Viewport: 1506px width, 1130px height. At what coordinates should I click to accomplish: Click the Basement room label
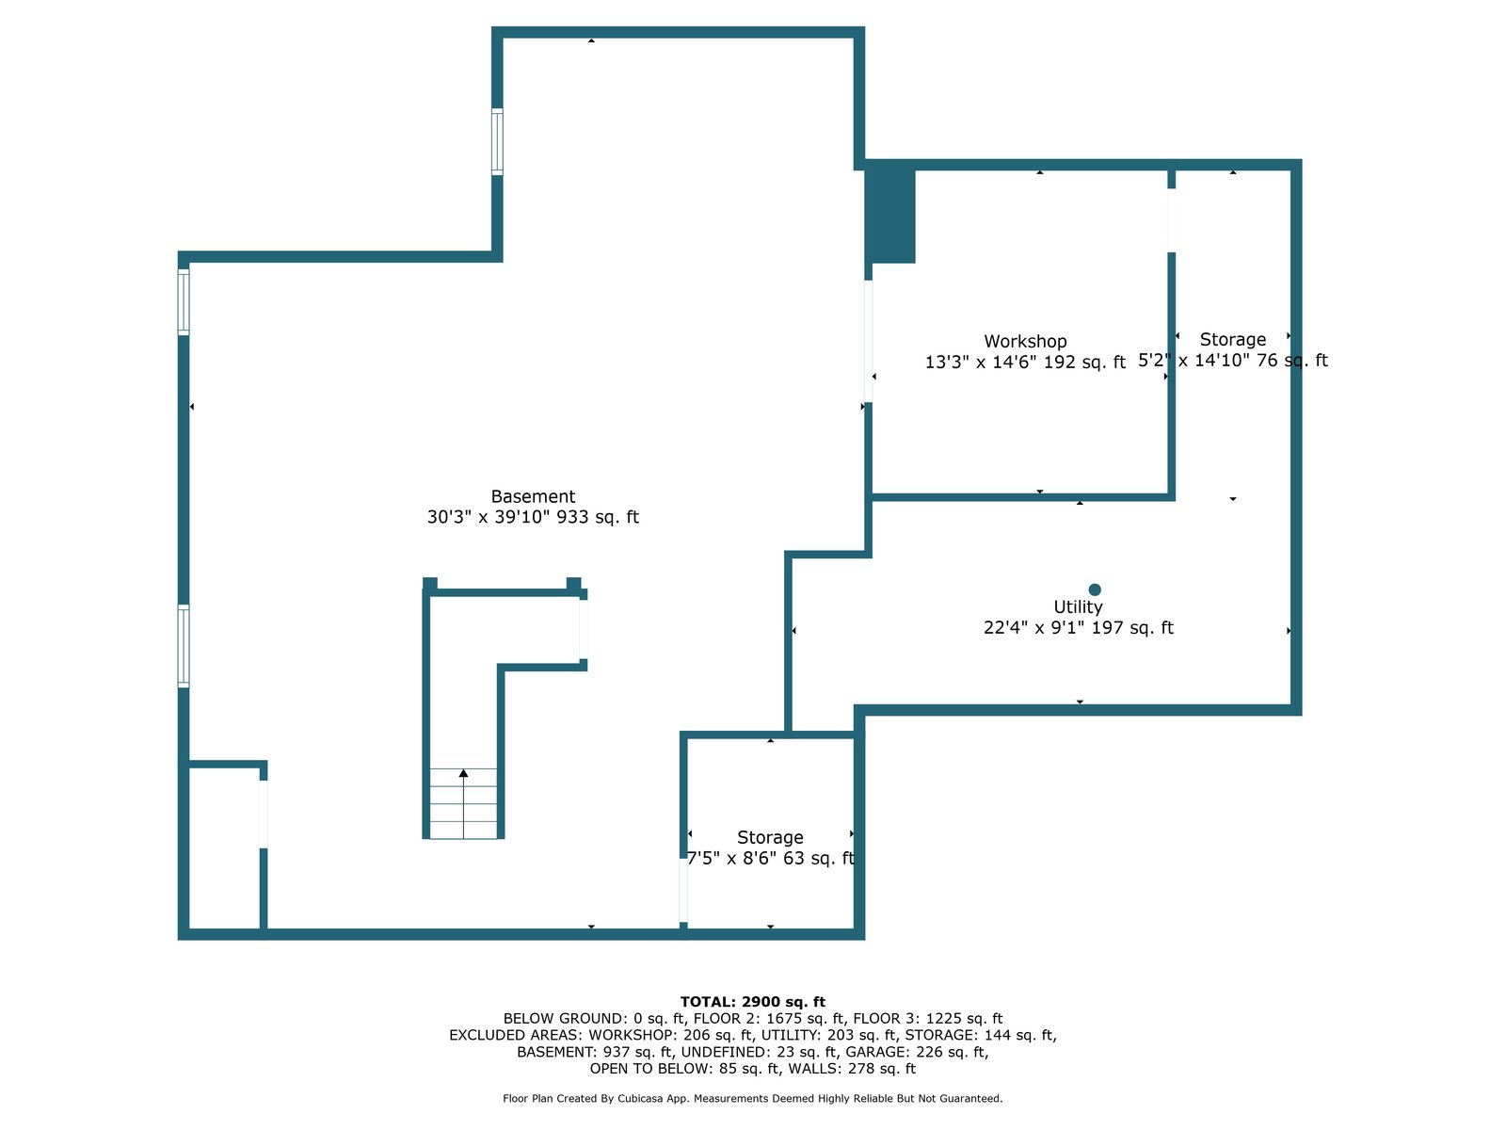[x=533, y=497]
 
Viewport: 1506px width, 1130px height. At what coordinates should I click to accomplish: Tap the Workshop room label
[x=1025, y=342]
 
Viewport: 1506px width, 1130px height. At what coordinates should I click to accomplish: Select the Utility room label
[x=1078, y=607]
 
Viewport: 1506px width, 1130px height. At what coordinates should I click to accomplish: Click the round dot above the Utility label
[x=1095, y=589]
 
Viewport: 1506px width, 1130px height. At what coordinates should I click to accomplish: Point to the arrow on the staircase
[x=463, y=774]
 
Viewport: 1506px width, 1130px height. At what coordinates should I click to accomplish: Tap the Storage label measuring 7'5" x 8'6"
[x=770, y=838]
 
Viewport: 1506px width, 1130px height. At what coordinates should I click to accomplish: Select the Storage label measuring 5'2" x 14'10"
[x=1232, y=340]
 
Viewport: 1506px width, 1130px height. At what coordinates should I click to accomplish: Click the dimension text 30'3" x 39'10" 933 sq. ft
[x=533, y=517]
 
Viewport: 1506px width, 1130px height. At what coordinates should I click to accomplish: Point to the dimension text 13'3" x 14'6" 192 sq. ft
[x=1025, y=363]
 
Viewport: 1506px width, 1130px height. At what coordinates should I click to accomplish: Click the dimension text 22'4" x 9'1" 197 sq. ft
[x=1078, y=628]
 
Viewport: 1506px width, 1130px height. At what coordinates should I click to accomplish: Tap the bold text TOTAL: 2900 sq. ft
[x=752, y=1002]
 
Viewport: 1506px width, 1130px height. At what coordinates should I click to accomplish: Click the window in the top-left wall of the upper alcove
[x=497, y=141]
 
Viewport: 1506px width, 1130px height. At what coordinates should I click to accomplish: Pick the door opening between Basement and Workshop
[x=868, y=341]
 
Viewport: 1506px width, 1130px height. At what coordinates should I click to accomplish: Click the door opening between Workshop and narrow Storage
[x=1172, y=220]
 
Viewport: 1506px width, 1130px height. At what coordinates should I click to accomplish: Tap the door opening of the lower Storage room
[x=683, y=890]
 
